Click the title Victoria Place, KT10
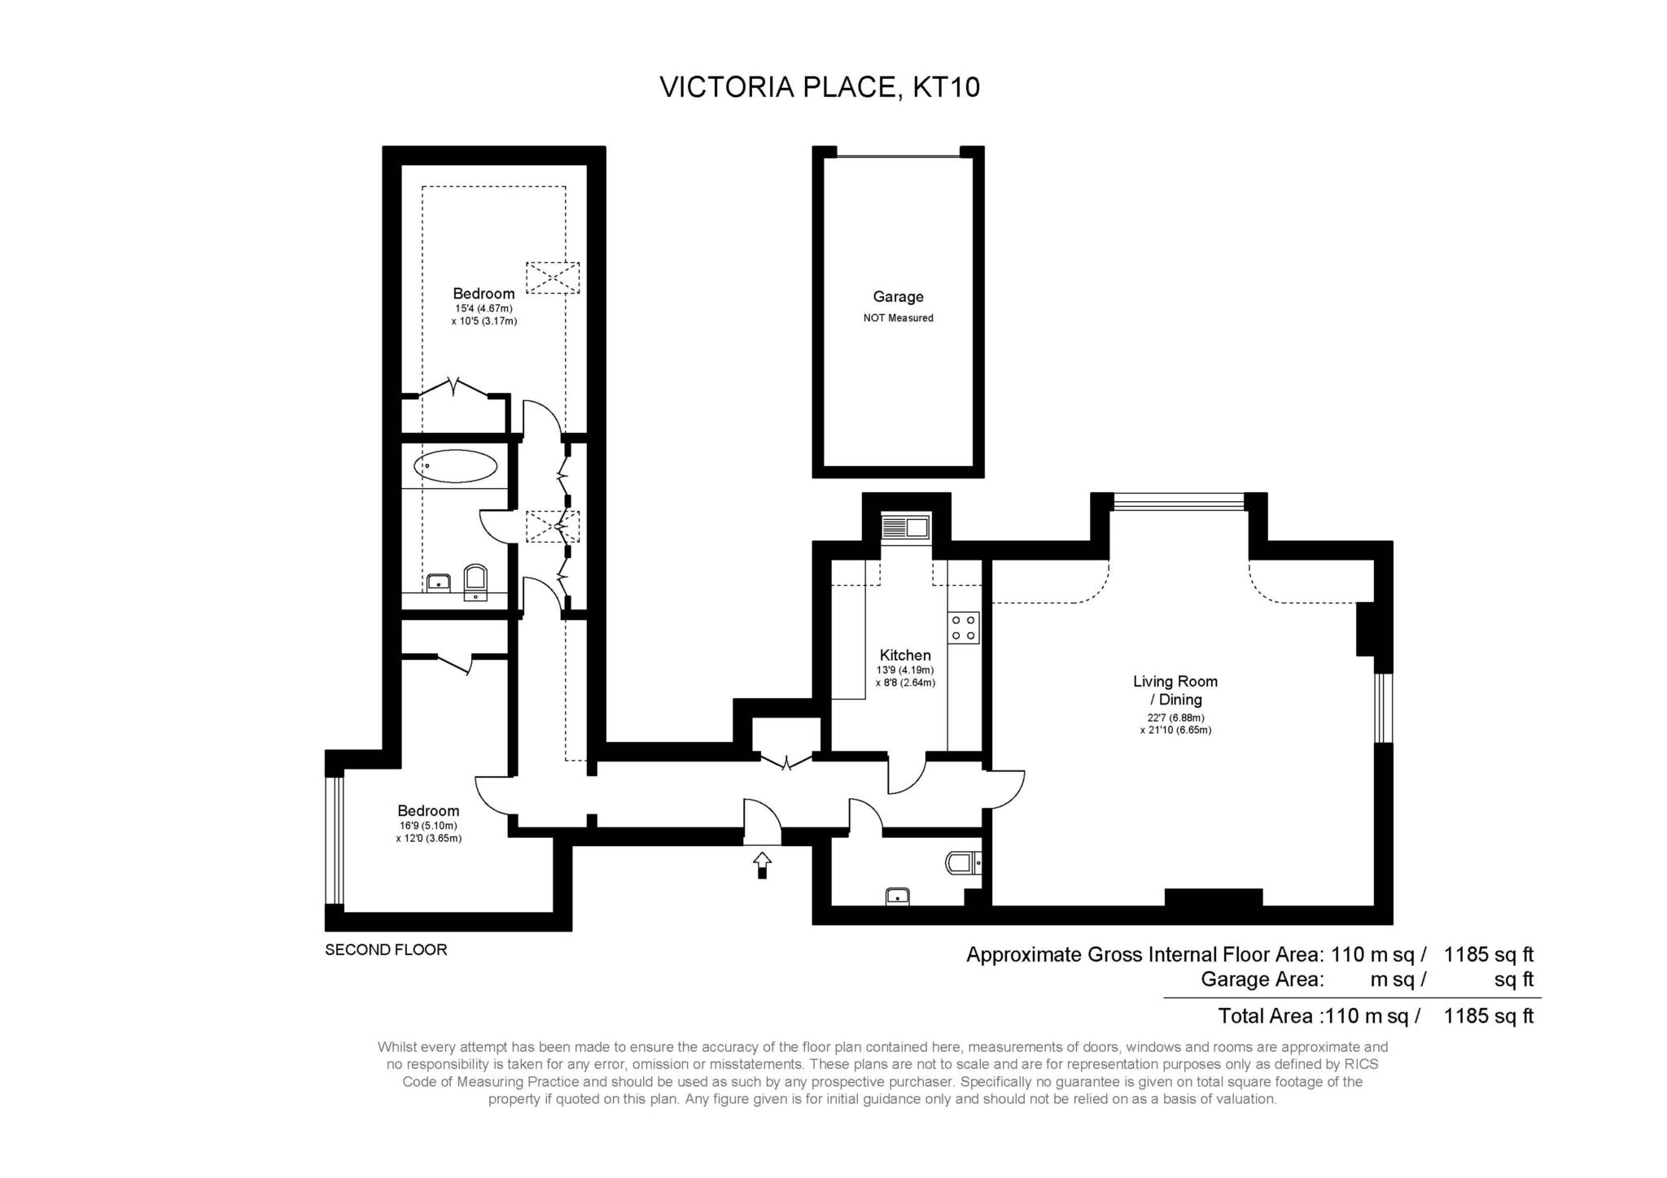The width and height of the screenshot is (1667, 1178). tap(820, 86)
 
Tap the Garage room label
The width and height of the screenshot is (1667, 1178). tap(898, 297)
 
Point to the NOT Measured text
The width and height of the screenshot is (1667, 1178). tap(898, 318)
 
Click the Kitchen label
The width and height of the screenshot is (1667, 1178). tap(905, 655)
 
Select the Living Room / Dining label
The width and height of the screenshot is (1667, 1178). tap(1175, 691)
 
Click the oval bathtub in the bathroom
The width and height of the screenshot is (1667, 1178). tap(455, 467)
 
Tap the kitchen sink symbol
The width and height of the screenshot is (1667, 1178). tap(905, 527)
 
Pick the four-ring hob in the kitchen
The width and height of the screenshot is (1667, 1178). tap(964, 627)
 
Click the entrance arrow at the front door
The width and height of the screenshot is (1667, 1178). tap(762, 865)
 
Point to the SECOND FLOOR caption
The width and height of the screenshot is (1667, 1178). tap(386, 949)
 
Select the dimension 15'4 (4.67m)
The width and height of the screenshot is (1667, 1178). tap(483, 308)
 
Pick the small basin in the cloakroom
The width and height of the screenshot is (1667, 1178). tap(897, 897)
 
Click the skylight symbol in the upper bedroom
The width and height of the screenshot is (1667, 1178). tap(553, 277)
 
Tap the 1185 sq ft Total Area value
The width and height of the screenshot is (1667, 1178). tap(1489, 1016)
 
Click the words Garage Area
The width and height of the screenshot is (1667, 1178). tap(1262, 979)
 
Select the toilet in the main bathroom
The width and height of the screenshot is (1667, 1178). tap(475, 581)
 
